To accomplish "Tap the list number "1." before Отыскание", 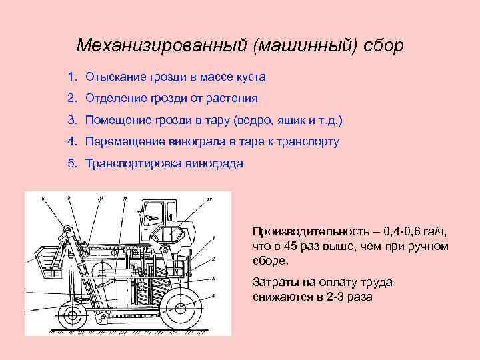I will (x=72, y=77).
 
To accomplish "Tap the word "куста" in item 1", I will (x=251, y=77).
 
